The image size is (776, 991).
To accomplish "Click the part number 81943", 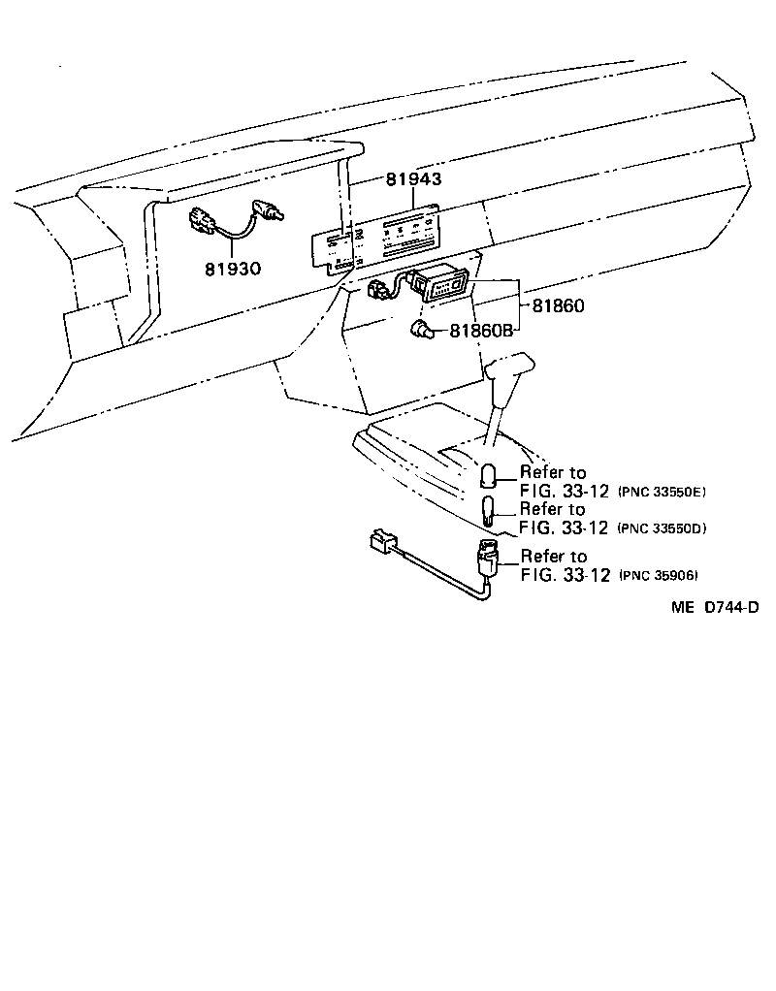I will point(413,179).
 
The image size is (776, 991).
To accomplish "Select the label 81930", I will point(232,268).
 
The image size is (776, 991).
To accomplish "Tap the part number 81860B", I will point(479,332).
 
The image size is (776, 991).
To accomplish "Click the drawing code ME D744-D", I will point(713,607).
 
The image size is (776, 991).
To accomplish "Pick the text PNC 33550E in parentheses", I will point(661,493).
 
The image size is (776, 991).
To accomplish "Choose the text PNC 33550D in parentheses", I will point(661,528).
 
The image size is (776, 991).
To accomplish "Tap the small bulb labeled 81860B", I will point(422,331).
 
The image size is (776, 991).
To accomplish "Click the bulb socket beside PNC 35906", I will point(487,559).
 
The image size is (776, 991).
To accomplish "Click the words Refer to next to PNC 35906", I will point(553,556).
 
